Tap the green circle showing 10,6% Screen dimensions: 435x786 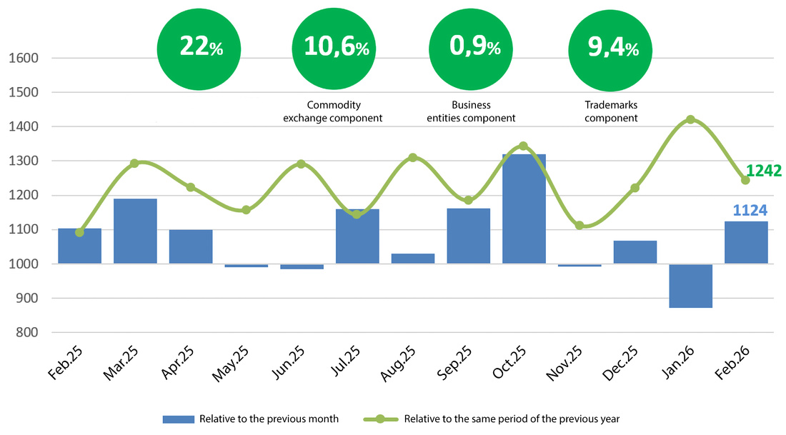pos(337,49)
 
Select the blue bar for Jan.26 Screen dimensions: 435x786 pos(690,286)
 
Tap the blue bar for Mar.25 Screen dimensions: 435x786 pos(135,231)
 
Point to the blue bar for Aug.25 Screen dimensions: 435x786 pos(413,259)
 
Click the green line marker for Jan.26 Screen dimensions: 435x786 pos(690,119)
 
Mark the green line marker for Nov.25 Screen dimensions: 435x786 pos(579,226)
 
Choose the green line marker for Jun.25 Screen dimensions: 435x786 pos(301,164)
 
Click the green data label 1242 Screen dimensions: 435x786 pos(763,171)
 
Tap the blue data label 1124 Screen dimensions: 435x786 pos(750,211)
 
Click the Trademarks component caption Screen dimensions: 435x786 pos(611,111)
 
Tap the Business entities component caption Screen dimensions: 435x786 pos(471,111)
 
